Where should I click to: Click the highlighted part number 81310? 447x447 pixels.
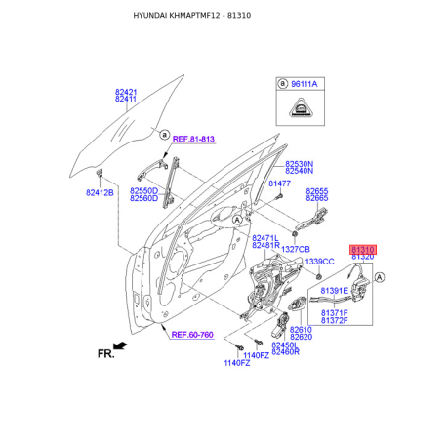[x=363, y=250]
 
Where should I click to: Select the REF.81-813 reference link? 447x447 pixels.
[x=193, y=139]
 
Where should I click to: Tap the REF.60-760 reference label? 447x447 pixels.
[x=192, y=335]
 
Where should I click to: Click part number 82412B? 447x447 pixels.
[x=100, y=193]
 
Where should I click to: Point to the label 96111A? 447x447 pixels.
[x=304, y=84]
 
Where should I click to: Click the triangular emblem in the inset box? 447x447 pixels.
[x=301, y=107]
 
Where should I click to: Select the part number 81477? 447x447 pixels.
[x=279, y=183]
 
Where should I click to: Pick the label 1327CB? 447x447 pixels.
[x=296, y=249]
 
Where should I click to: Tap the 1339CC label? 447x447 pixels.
[x=319, y=262]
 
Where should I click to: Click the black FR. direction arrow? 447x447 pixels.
[x=120, y=345]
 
